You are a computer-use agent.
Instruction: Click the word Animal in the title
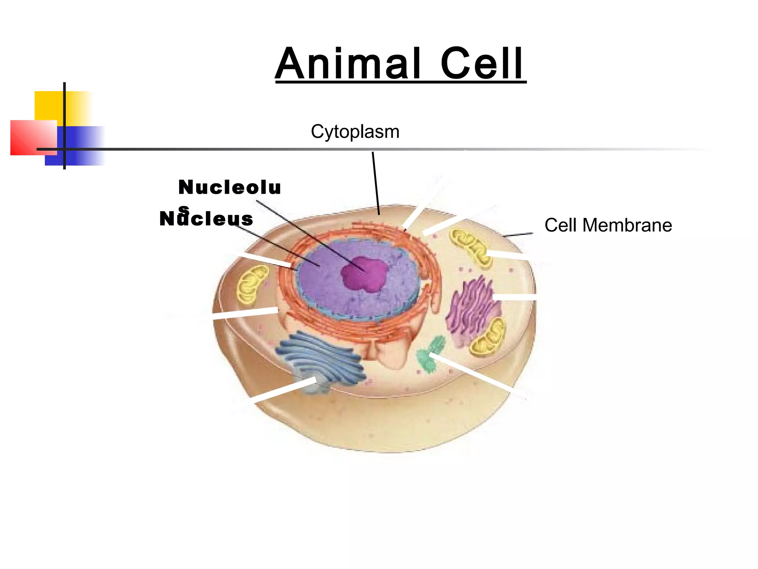pyautogui.click(x=348, y=64)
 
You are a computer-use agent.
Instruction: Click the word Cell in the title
pyautogui.click(x=481, y=64)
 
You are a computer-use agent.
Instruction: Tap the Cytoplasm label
pyautogui.click(x=355, y=132)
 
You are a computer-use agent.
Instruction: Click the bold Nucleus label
pyautogui.click(x=206, y=219)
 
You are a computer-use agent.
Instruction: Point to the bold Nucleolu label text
pyautogui.click(x=229, y=187)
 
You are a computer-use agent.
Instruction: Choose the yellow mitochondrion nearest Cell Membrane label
pyautogui.click(x=470, y=246)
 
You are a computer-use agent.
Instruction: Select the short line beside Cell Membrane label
pyautogui.click(x=518, y=234)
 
